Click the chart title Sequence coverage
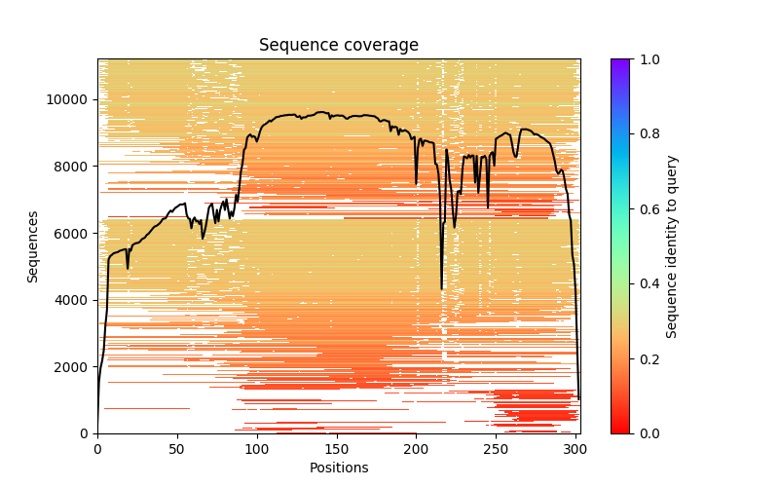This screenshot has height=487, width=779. (x=338, y=46)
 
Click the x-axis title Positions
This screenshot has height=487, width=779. (x=338, y=468)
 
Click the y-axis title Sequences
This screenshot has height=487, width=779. (x=33, y=246)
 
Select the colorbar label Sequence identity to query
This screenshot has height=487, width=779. (x=672, y=246)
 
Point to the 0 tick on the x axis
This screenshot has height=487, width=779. (x=97, y=448)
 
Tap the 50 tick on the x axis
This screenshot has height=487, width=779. (x=177, y=448)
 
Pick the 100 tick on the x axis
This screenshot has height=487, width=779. (x=257, y=448)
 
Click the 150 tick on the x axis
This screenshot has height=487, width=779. (x=336, y=448)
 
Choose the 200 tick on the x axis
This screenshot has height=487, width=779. (x=416, y=448)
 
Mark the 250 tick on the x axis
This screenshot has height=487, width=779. (x=496, y=448)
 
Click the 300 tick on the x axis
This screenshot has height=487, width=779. (x=575, y=448)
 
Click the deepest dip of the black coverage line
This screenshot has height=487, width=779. (x=442, y=288)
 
